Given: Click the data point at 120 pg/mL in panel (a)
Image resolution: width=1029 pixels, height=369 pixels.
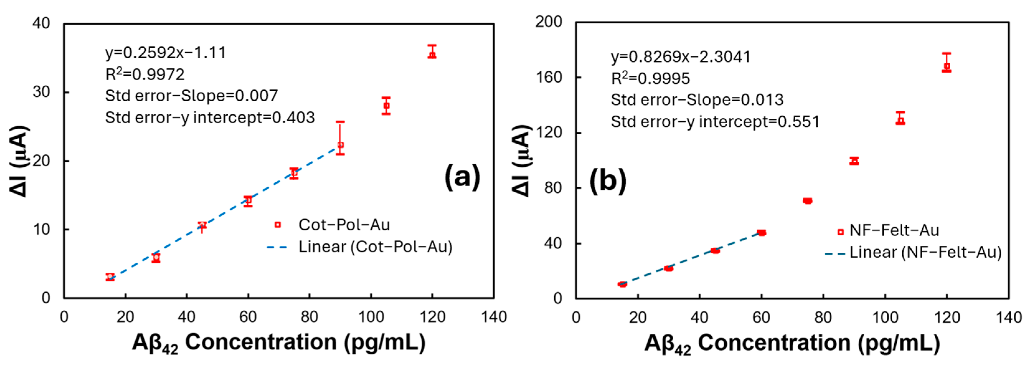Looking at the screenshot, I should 432,54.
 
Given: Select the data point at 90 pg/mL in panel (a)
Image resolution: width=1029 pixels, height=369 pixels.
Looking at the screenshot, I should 340,145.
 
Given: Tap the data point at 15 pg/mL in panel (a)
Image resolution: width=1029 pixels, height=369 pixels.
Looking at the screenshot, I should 110,277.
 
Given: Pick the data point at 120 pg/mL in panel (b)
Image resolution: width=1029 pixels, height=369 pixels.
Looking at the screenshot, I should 946,66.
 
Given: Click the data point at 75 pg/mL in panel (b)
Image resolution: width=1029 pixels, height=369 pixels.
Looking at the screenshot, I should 807,201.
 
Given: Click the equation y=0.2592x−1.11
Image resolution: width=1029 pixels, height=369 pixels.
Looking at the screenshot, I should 165,53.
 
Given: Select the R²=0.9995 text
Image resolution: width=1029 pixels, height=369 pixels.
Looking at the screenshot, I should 650,78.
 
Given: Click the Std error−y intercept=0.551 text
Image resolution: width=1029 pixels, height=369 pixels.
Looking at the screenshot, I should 715,122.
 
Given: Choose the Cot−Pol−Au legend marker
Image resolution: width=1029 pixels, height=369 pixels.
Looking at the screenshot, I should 278,225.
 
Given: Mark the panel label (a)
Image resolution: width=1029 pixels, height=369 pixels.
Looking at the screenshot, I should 462,177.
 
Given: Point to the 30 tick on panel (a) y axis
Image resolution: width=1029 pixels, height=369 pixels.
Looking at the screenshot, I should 41,92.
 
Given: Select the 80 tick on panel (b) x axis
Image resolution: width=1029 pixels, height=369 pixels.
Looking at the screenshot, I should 823,318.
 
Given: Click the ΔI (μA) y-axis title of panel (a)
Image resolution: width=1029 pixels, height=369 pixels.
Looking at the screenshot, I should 19,161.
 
